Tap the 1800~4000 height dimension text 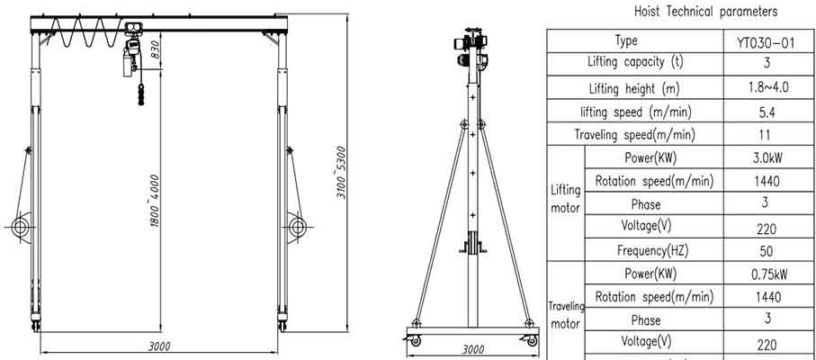(156, 200)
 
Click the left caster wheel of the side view (415, 341)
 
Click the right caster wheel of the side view (532, 341)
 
